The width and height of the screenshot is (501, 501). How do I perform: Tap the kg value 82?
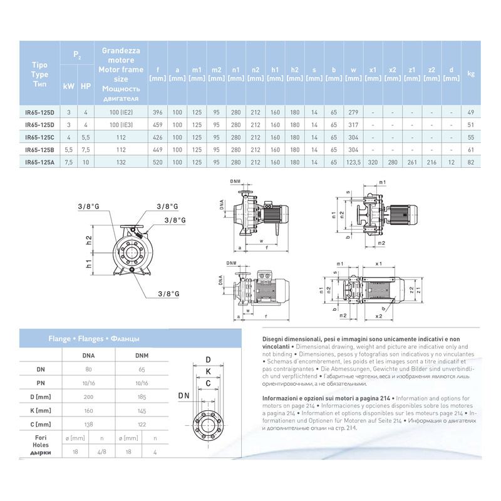(472, 162)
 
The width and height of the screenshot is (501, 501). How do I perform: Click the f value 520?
(158, 162)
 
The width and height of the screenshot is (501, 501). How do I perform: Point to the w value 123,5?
(354, 162)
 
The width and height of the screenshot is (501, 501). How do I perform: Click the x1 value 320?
(373, 162)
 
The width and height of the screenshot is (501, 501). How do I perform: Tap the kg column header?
(472, 73)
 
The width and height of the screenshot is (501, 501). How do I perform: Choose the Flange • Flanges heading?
(94, 339)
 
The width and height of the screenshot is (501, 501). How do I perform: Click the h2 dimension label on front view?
(90, 239)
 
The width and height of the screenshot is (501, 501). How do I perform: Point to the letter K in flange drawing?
(207, 371)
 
